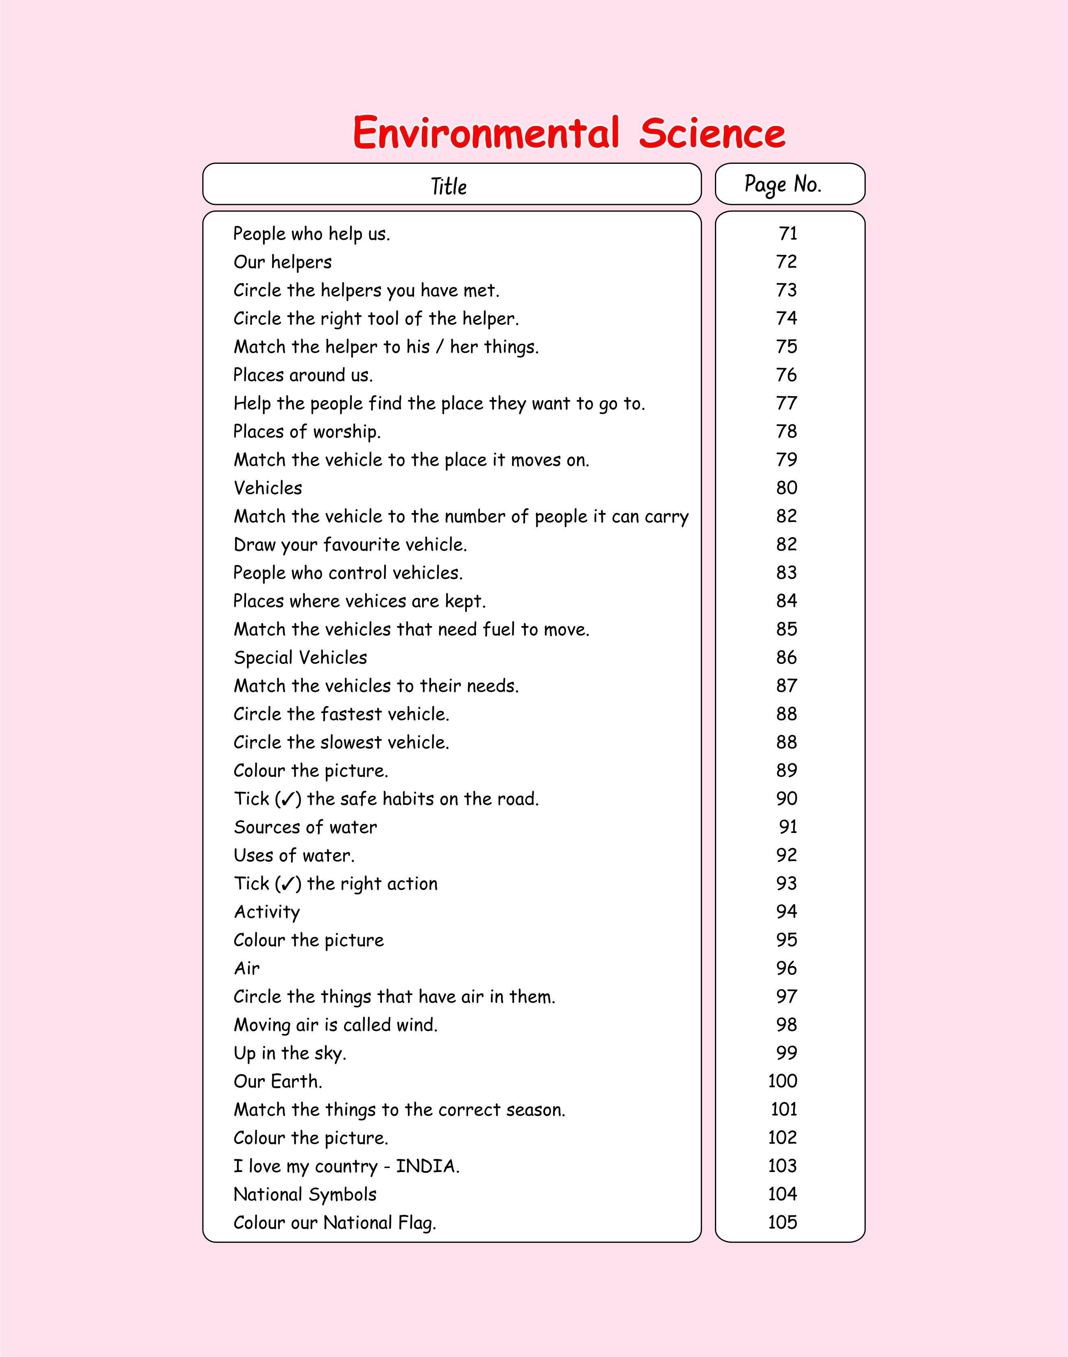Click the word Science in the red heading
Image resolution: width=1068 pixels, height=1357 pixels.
point(712,133)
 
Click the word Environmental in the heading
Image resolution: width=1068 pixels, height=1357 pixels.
point(486,133)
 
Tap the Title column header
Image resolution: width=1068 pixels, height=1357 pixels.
point(449,186)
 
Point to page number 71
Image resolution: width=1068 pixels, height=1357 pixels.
point(788,233)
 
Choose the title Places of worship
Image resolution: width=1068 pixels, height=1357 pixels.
point(306,431)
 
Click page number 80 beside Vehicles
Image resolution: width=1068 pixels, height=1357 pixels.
point(787,487)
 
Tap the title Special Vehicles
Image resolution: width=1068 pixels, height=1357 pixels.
point(300,657)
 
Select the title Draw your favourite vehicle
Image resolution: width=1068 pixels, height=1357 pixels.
point(350,544)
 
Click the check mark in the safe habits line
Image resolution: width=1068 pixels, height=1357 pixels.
point(288,799)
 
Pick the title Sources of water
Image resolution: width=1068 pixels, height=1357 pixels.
point(305,827)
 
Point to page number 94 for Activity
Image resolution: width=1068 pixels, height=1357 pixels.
point(787,911)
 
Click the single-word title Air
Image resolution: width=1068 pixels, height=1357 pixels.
point(247,968)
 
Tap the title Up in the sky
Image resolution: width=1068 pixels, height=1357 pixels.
point(290,1053)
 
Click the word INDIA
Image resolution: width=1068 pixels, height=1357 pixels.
point(427,1166)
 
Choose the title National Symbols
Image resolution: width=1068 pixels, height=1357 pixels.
point(305,1194)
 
